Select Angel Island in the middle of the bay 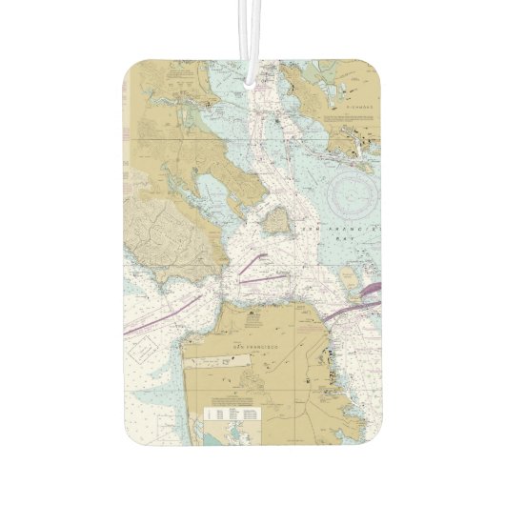click(x=277, y=221)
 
